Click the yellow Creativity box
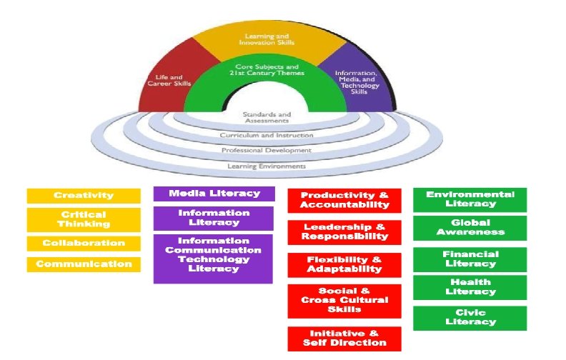pyautogui.click(x=84, y=196)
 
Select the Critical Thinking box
pyautogui.click(x=84, y=219)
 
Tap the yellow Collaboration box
pyautogui.click(x=84, y=244)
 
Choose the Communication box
pyautogui.click(x=84, y=264)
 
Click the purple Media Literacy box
pyautogui.click(x=213, y=194)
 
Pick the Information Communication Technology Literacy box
pyautogui.click(x=213, y=255)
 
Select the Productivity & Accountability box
pyautogui.click(x=344, y=200)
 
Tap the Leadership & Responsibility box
pyautogui.click(x=344, y=231)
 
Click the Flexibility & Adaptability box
pyautogui.click(x=344, y=264)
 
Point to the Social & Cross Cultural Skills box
pyautogui.click(x=344, y=301)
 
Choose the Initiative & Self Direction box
pyautogui.click(x=344, y=339)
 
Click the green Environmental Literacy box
pyautogui.click(x=470, y=199)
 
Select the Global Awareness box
pyautogui.click(x=470, y=227)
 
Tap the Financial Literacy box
pyautogui.click(x=470, y=259)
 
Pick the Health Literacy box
pyautogui.click(x=470, y=286)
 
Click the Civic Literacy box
pyautogui.click(x=470, y=318)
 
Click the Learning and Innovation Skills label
pyautogui.click(x=268, y=39)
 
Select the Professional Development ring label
pyautogui.click(x=267, y=151)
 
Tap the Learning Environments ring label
pyautogui.click(x=267, y=166)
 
